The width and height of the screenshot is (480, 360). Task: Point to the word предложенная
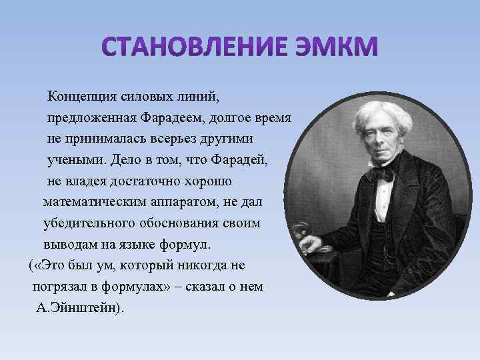[x=91, y=118]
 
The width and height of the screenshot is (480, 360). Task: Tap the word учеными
[x=75, y=160]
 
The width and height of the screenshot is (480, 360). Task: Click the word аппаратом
[x=173, y=201]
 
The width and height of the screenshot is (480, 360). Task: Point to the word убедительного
[x=87, y=223]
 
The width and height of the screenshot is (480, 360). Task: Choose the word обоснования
[x=182, y=223]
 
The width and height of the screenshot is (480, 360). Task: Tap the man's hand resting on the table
[x=313, y=244]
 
